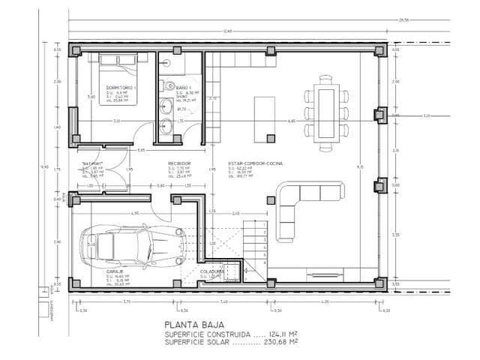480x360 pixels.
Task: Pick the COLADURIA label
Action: [212, 271]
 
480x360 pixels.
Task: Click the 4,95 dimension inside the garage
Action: [135, 214]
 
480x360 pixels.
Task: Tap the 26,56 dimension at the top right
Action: [403, 19]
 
